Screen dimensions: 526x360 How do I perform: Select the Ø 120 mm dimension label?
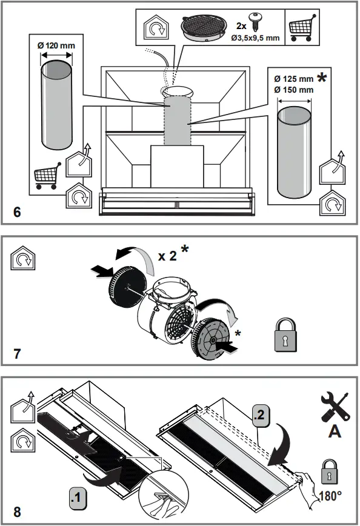click(x=56, y=45)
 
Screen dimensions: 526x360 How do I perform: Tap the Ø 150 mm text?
click(x=293, y=90)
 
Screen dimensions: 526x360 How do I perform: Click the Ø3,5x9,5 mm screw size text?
click(x=256, y=38)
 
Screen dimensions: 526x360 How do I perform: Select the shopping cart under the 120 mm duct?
click(x=47, y=176)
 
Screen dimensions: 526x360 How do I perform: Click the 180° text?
click(x=330, y=495)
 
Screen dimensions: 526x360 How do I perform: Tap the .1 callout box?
click(x=78, y=499)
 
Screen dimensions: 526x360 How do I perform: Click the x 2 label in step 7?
click(x=168, y=256)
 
